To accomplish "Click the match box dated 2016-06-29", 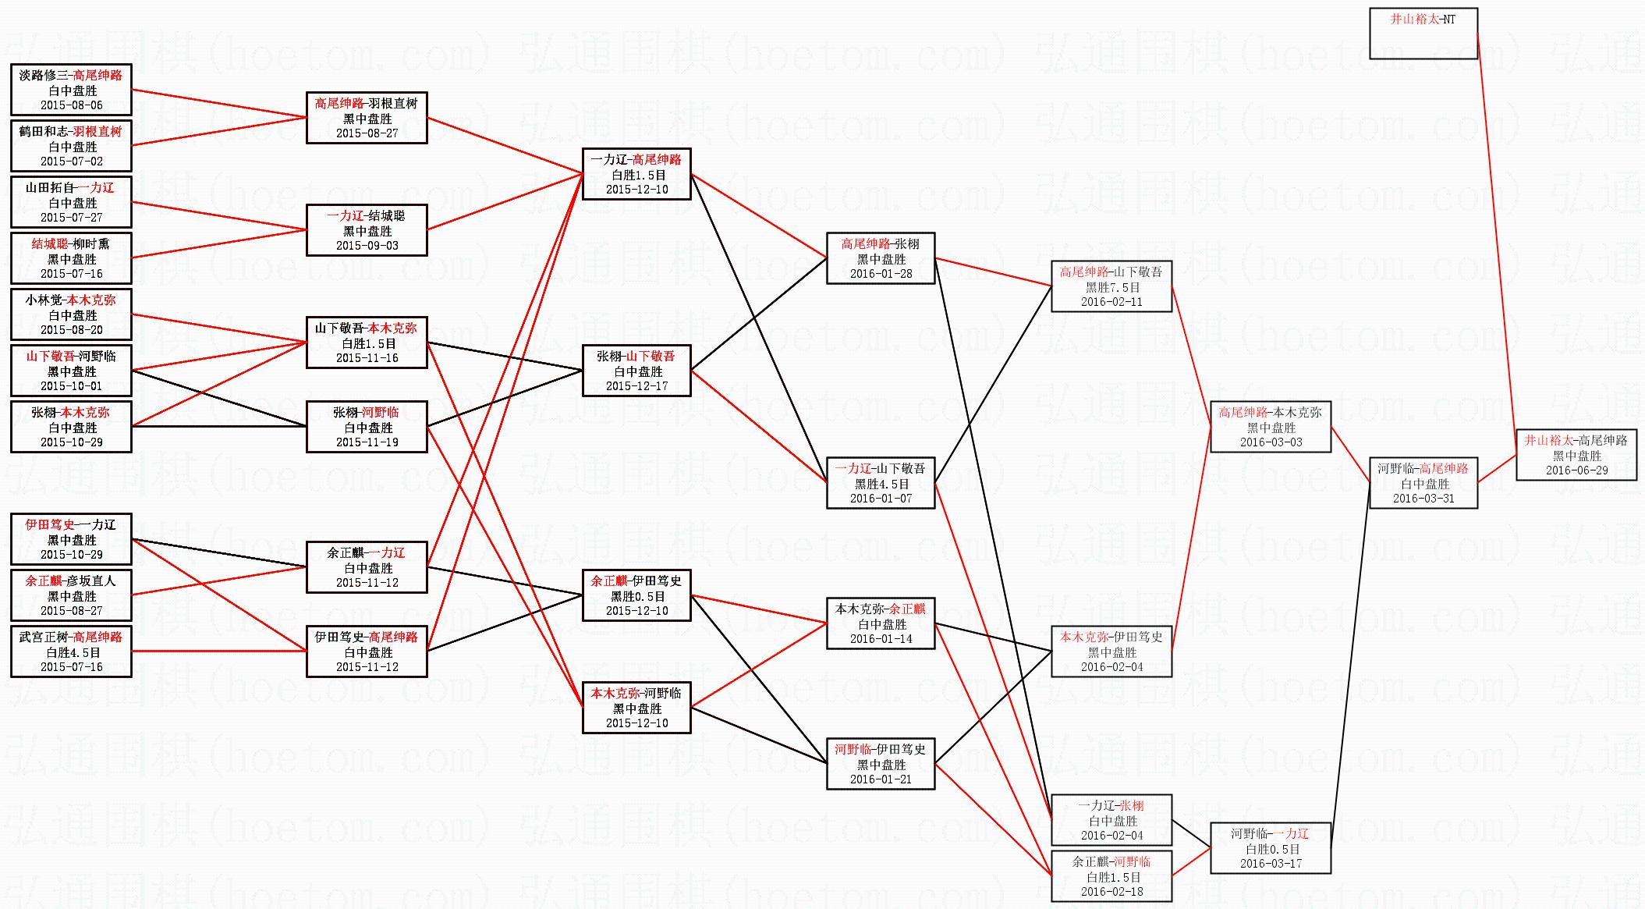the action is click(1576, 455).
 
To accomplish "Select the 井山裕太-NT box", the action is click(1423, 33).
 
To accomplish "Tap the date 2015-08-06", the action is click(71, 105).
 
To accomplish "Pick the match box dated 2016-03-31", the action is click(1423, 483).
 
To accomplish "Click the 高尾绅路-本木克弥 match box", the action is click(1270, 427).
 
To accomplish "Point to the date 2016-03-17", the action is click(1270, 864).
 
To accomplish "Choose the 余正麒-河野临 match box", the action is click(1111, 876).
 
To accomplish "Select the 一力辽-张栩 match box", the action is click(1111, 820).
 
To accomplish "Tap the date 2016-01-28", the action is click(881, 274).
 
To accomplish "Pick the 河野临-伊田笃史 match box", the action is click(881, 764).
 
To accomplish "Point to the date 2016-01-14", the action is click(881, 639).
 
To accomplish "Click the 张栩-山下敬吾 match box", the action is click(636, 371).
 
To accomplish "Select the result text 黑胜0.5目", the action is click(637, 596).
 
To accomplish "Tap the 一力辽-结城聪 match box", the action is click(367, 230).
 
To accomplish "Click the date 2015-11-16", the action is click(367, 358).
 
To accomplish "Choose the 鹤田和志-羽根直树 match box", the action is click(71, 146).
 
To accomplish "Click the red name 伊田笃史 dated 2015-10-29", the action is click(50, 525).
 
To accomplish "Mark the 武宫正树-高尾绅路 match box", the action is click(71, 652).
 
